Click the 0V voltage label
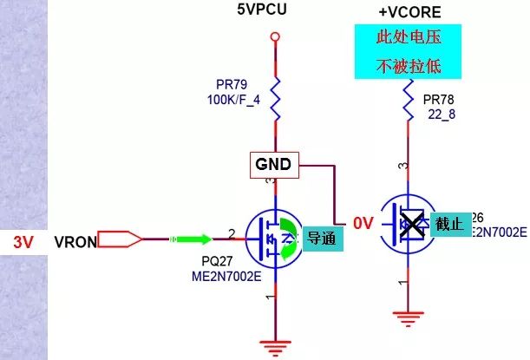(x=363, y=224)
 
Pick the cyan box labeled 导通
(x=323, y=238)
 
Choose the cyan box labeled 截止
(x=450, y=224)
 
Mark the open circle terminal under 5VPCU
(x=275, y=36)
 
